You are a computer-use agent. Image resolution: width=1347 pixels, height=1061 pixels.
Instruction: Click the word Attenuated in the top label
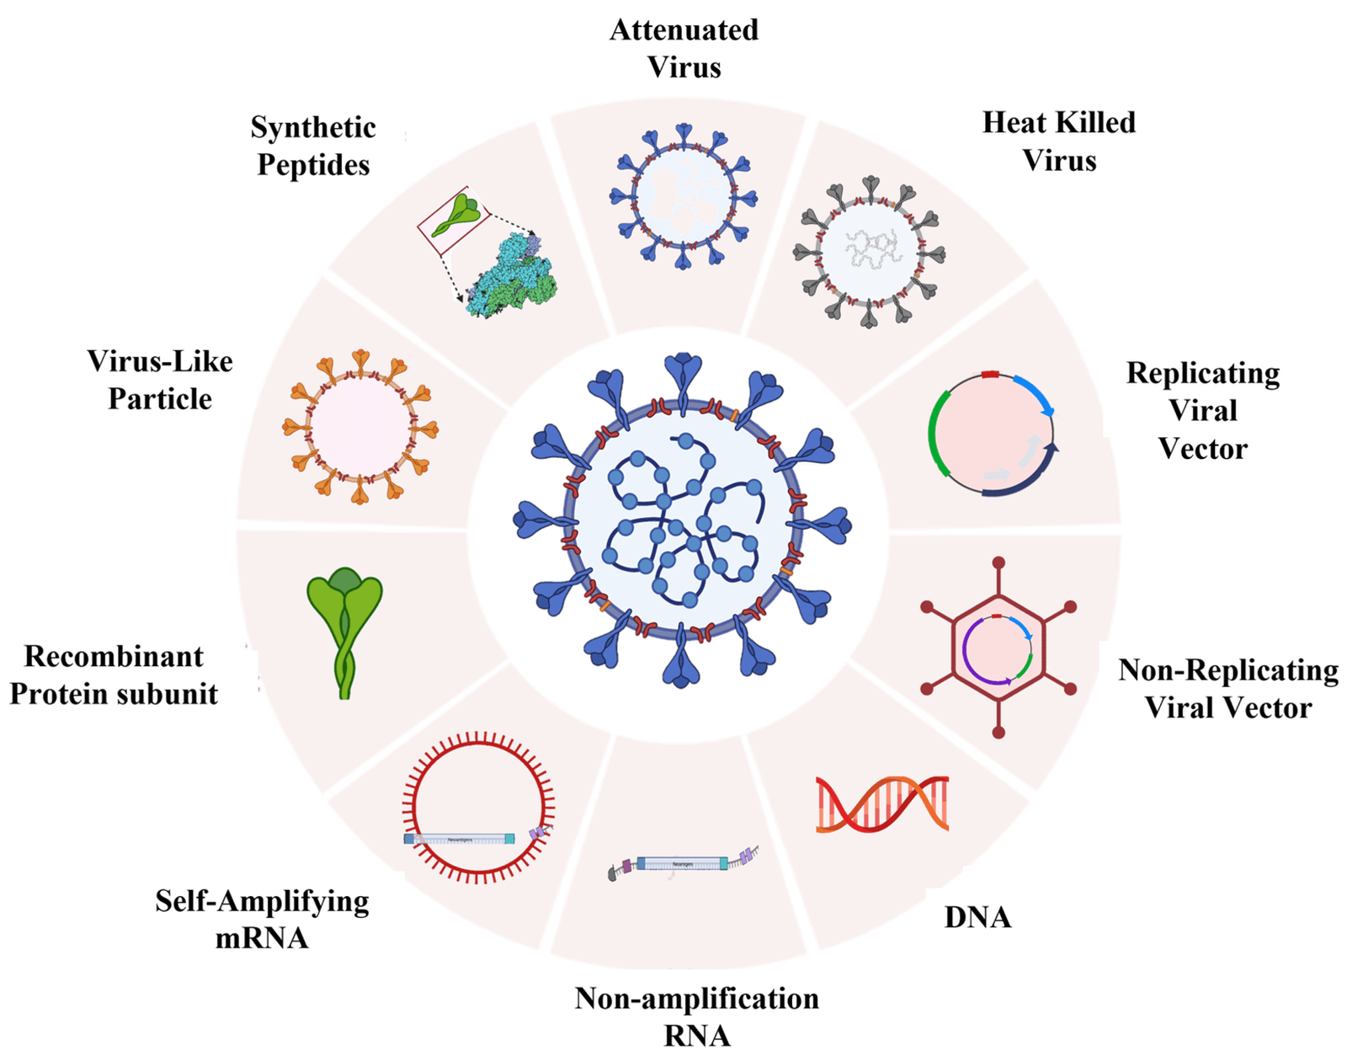click(x=684, y=30)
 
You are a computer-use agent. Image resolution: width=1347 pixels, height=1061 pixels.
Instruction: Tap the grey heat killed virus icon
click(x=870, y=252)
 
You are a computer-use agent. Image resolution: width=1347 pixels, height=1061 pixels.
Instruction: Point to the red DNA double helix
click(x=881, y=804)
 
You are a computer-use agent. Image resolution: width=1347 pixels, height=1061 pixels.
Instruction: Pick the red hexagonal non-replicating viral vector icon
click(x=998, y=647)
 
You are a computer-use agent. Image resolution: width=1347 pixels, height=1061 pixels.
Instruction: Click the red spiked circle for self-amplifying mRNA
click(x=478, y=807)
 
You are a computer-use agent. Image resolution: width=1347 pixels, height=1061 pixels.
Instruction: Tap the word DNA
click(x=977, y=917)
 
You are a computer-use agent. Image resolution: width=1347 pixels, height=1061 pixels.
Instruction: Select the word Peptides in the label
click(x=313, y=165)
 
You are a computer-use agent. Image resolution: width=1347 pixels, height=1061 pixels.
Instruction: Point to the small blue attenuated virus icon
click(x=684, y=197)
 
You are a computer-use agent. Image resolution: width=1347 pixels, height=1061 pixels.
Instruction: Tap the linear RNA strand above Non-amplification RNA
click(x=683, y=864)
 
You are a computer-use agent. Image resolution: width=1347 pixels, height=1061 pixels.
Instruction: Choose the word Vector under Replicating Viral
click(x=1202, y=449)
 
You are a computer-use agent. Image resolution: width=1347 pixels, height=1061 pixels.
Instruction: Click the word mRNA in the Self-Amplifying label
click(x=262, y=938)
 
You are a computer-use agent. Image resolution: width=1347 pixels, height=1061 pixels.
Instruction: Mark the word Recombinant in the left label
click(x=114, y=656)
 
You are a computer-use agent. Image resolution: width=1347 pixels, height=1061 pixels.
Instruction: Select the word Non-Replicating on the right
click(x=1228, y=670)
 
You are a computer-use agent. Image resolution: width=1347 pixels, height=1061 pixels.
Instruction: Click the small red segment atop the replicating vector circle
click(x=990, y=374)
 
